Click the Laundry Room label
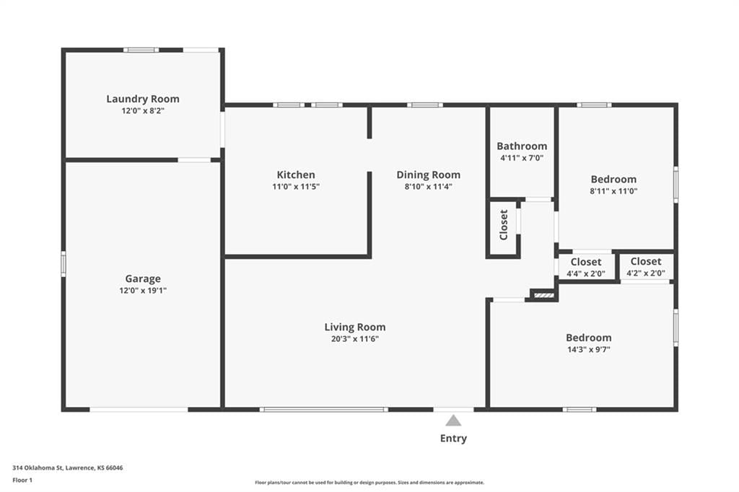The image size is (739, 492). [143, 99]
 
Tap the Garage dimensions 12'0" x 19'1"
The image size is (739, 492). [143, 291]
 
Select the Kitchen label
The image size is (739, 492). [296, 175]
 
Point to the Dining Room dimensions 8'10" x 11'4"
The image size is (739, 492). [429, 187]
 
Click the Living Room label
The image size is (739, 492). [355, 327]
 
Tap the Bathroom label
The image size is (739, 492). [522, 146]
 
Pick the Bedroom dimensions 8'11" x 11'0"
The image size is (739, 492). [613, 191]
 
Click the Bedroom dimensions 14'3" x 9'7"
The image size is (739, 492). [589, 350]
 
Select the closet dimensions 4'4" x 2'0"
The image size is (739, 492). [586, 273]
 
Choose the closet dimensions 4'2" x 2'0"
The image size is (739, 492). [646, 273]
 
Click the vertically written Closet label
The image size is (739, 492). [503, 225]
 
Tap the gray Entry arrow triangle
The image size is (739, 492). [453, 421]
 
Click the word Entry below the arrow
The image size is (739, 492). [453, 439]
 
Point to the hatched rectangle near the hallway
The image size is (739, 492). [544, 296]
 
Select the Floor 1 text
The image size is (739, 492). [22, 480]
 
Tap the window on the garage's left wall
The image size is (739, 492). [64, 264]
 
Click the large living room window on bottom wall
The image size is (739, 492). [324, 410]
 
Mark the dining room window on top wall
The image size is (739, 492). [425, 105]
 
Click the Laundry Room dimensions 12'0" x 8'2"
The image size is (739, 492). [143, 111]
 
